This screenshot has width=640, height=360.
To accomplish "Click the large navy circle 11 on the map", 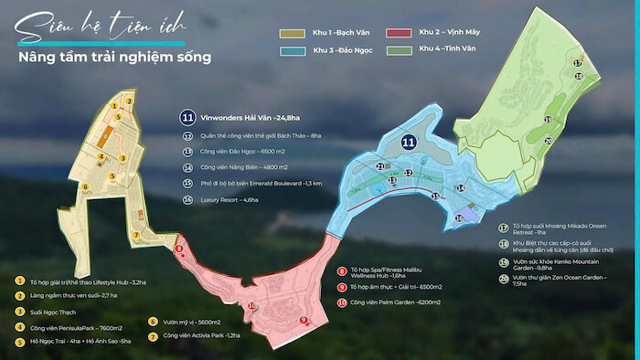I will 408,142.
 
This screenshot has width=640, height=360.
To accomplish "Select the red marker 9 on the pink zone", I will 303,320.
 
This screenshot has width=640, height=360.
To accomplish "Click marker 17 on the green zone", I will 577,62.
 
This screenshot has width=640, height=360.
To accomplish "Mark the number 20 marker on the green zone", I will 548,140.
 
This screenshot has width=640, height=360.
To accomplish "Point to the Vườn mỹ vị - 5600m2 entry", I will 197,322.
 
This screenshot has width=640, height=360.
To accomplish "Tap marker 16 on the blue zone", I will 459,217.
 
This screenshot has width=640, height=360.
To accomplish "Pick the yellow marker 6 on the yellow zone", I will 85,188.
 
